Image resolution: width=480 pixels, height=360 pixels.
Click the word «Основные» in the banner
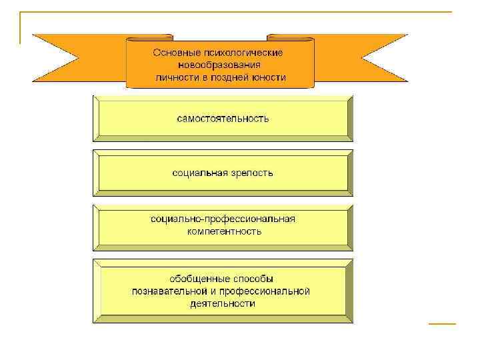click(x=173, y=51)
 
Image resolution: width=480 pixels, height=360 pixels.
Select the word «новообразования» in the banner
click(x=220, y=65)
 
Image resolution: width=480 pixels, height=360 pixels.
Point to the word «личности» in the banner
click(x=174, y=77)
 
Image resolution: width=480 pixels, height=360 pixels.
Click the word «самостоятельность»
click(x=223, y=119)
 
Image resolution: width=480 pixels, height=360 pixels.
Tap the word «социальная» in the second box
click(x=197, y=173)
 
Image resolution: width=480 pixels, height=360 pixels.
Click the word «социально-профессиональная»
click(x=223, y=219)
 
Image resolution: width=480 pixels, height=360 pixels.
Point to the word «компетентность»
click(x=223, y=231)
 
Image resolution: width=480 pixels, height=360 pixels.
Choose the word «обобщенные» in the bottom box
click(x=196, y=278)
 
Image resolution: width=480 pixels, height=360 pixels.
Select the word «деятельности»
click(x=223, y=303)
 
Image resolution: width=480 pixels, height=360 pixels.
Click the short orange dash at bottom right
click(x=441, y=323)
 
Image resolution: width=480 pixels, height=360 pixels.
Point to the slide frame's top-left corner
click(x=21, y=13)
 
